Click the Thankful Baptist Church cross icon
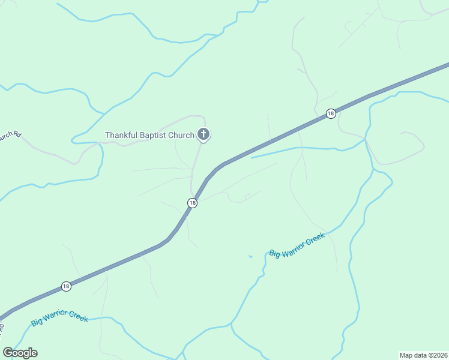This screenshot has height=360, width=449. coord(203,134)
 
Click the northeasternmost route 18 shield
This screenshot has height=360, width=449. coord(331,113)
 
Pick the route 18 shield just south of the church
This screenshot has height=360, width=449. coord(192,203)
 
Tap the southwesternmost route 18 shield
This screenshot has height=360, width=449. coord(66,286)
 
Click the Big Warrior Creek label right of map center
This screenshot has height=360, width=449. coord(297,245)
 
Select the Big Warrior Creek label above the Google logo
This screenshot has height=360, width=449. coord(60,317)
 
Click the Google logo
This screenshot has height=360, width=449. coord(20,353)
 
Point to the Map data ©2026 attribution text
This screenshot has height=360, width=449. coord(424,355)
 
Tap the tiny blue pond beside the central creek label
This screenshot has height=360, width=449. coord(250,257)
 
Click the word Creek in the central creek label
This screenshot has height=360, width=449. coord(315,238)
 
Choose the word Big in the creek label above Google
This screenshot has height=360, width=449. coord(37,322)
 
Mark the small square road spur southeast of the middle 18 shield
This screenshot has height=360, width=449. coord(247,196)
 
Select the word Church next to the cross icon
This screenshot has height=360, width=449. coord(181,135)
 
